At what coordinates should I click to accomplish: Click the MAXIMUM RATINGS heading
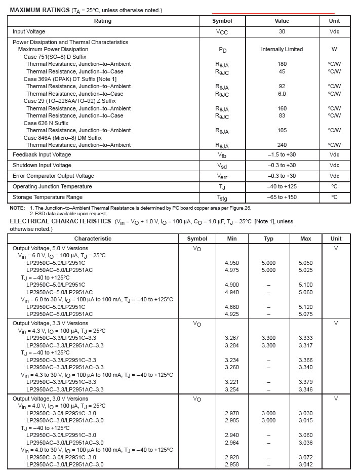coord(40,10)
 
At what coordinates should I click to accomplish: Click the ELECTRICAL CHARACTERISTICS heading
coord(61,221)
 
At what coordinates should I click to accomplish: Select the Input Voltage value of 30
coord(282,31)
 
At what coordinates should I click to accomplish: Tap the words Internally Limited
coord(282,49)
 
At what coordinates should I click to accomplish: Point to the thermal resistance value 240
coord(282,145)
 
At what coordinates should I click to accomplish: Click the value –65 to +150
coord(282,197)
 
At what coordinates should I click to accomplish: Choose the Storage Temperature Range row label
coord(48,197)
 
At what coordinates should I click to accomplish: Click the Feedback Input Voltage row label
coord(42,154)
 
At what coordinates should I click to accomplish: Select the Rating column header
coord(103,21)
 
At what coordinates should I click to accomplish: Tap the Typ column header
coord(268,239)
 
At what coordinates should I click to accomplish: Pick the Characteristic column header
coord(93,239)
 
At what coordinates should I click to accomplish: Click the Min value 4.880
coord(232,307)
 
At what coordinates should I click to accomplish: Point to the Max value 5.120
coord(306,307)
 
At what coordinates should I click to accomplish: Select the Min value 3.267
coord(232,338)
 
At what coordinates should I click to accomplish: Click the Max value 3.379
coord(306,382)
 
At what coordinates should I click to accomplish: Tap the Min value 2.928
coord(232,457)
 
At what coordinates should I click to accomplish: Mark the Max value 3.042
coord(306,464)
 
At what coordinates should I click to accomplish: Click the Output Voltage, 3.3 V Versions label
coord(50,323)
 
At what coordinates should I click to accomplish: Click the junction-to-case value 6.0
coord(282,94)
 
